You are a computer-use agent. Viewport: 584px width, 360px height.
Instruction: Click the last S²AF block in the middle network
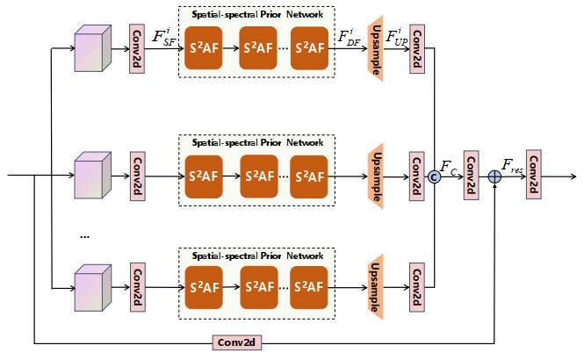click(309, 176)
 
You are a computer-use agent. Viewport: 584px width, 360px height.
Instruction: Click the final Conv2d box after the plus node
click(533, 176)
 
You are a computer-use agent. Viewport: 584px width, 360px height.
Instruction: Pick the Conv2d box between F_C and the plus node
click(471, 176)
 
